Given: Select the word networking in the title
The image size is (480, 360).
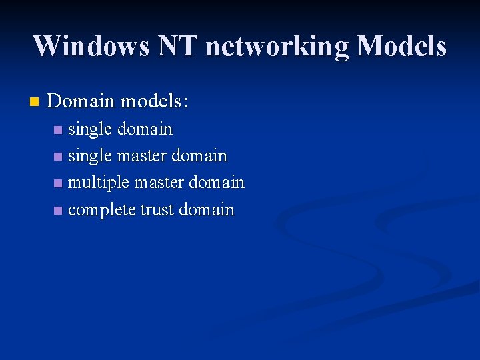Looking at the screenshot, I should pos(277,46).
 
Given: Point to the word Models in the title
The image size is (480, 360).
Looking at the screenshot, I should pos(401,46).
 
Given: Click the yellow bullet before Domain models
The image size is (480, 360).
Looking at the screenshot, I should pos(35,102).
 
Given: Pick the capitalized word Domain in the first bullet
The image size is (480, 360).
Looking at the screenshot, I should pos(81,101).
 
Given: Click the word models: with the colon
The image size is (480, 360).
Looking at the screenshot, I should pos(153,101).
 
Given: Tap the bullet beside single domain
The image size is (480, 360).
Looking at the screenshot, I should pos(59,129).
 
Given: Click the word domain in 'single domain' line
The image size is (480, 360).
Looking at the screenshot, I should pos(145,129).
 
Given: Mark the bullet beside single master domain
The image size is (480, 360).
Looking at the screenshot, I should pos(59,157).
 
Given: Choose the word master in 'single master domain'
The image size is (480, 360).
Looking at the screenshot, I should pos(142,156).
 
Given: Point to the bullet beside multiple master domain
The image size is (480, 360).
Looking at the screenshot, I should pos(59,183).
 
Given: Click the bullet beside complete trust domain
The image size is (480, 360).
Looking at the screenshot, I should pos(59,211).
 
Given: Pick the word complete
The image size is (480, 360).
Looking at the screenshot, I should pos(102,210).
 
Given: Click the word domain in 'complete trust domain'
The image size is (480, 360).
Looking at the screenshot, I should pos(207,210).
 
